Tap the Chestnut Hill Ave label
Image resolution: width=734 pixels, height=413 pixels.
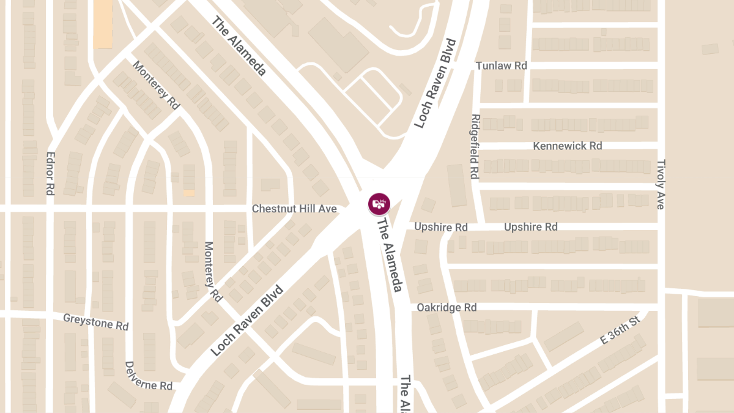point(294,209)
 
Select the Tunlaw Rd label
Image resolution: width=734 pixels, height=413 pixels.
point(501,65)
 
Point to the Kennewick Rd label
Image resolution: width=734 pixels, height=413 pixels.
point(567,146)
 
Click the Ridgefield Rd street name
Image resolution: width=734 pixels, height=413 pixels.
point(474,146)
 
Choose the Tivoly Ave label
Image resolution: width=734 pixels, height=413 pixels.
point(660,184)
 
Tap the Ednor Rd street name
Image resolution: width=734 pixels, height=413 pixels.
point(51,174)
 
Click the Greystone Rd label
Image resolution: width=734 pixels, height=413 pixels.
point(96,322)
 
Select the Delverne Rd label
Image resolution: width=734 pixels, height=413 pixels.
point(148,376)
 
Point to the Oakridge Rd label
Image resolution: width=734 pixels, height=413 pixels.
point(447,307)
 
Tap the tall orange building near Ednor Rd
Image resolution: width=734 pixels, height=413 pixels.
point(103,24)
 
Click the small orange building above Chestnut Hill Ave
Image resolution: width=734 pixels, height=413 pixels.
point(189,193)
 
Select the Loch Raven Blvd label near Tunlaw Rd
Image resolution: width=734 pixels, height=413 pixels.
point(435,83)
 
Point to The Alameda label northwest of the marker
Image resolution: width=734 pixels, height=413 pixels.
point(239,47)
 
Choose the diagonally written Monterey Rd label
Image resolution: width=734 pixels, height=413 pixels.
point(156,86)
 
